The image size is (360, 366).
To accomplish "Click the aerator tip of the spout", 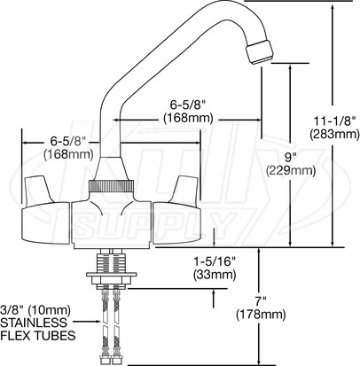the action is tap(260, 51).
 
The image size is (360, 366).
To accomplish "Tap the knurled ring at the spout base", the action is tap(111, 186).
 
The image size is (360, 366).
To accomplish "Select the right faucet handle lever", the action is tap(184, 189).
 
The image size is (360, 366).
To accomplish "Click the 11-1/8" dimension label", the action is tap(334, 121).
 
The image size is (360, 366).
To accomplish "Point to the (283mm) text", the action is tap(334, 134).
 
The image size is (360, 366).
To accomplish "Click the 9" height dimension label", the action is tap(291, 157).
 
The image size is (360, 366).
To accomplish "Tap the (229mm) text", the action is tap(291, 170).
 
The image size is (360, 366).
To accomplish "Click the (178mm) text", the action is tap(261, 315).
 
